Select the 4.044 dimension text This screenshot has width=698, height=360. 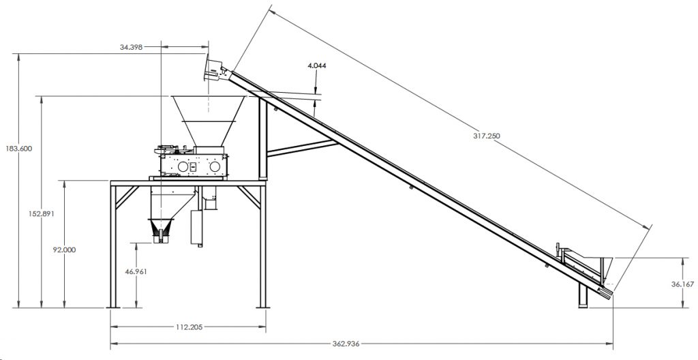tap(317, 65)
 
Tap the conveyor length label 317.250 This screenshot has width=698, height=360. tap(486, 136)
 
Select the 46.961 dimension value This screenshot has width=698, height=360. tap(136, 270)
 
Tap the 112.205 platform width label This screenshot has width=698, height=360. tap(189, 327)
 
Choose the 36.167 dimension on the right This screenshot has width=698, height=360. tap(682, 285)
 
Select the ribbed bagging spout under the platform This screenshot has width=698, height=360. tap(162, 230)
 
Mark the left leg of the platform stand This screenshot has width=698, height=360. tap(112, 245)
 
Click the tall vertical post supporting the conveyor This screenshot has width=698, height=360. tap(262, 140)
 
